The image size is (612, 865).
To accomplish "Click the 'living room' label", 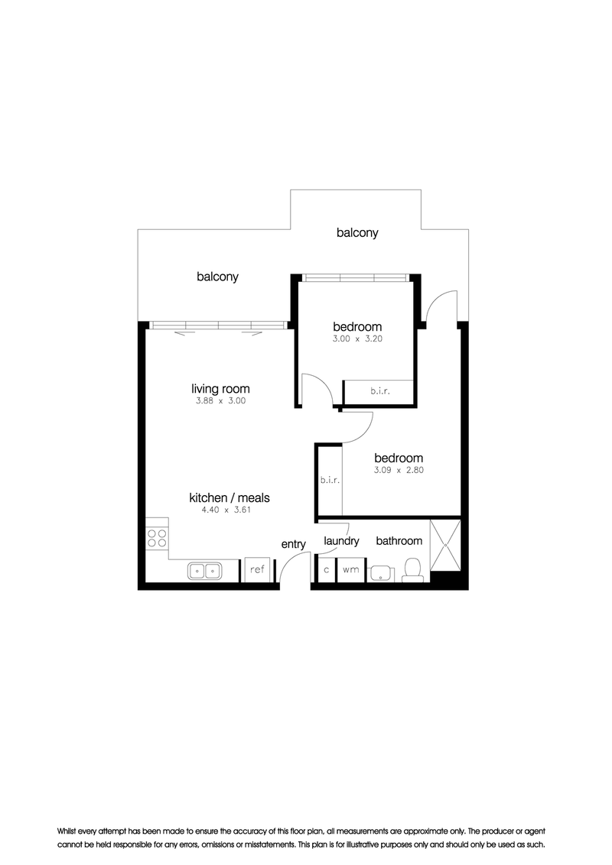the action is coord(220,389).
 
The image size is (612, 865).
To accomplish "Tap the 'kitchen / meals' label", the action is coord(229,497).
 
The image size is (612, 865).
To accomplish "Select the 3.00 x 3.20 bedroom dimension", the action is coord(357,339).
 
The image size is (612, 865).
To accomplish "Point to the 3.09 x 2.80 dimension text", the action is coord(399,470).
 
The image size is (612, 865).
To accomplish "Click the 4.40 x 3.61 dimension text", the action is coord(226,510).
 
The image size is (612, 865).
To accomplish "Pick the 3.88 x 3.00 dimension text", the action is coord(220,401).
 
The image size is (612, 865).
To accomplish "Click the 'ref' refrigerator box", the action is coord(258,569).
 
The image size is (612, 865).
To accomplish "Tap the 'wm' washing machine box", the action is coord(350,569).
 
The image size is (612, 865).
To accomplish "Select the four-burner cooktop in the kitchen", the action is coord(157,538).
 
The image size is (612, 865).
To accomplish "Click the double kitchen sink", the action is coord(204,570).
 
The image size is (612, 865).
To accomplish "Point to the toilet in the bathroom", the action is coord(412,570).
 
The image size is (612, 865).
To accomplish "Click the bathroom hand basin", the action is coord(380,573).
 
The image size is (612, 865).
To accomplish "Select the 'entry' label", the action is coord(293,545).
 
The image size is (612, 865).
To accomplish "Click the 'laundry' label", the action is coord(341,541).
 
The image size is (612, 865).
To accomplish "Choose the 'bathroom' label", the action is coord(399,541).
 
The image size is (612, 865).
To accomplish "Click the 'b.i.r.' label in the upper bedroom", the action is coord(380,391).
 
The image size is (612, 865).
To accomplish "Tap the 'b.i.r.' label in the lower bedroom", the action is coord(330,480).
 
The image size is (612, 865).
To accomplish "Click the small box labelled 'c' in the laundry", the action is coord(327,569).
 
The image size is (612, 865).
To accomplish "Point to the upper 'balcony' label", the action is coord(357,233).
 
